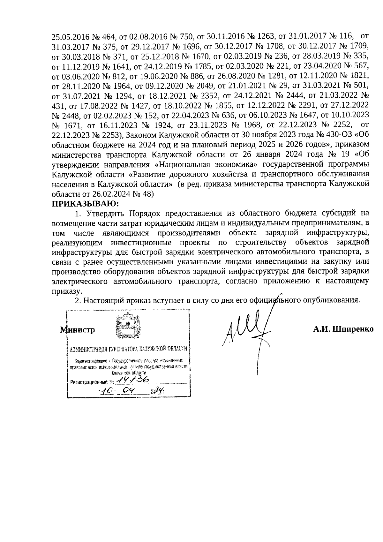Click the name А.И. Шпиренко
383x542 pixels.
click(343, 329)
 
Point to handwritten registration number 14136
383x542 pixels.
click(133, 379)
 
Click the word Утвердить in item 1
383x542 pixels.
click(102, 213)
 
